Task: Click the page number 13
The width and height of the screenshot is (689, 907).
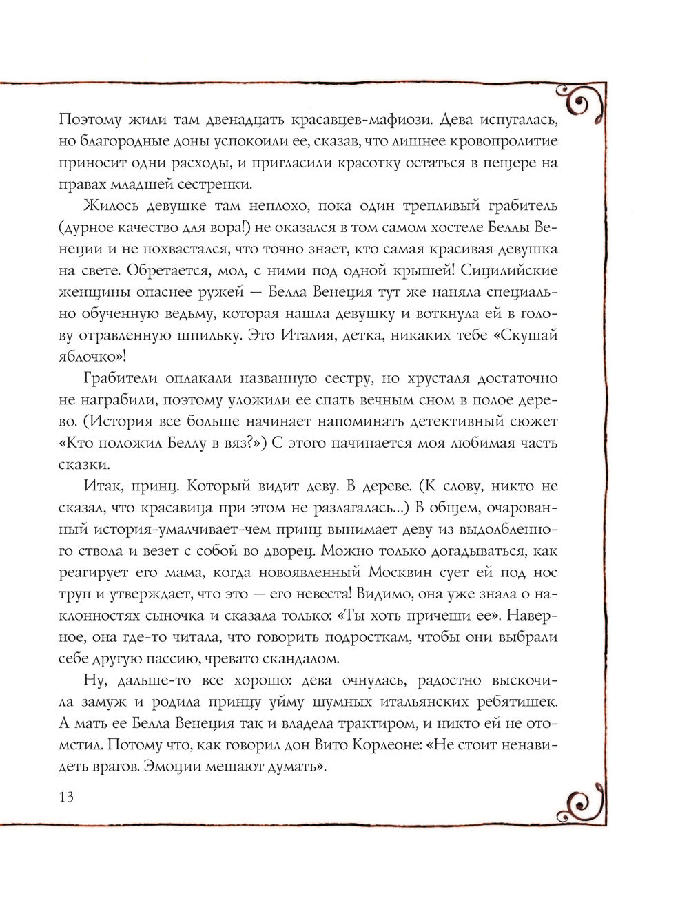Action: (66, 797)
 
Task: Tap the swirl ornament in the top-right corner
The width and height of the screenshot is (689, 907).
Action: (588, 102)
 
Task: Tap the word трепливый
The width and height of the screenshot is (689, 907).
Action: (420, 206)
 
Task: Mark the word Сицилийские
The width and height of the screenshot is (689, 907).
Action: (528, 271)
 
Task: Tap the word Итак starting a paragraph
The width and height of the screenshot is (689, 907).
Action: (102, 487)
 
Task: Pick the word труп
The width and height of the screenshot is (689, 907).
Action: (75, 594)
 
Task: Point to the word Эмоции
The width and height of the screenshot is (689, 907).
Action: (161, 767)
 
